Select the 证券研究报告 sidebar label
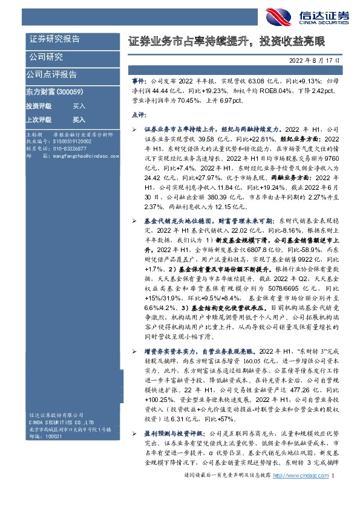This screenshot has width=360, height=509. pyautogui.click(x=55, y=39)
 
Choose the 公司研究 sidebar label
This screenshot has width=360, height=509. pyautogui.click(x=46, y=57)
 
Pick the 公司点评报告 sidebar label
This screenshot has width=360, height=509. pyautogui.click(x=51, y=74)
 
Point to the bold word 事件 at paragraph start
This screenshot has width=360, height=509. pyautogui.click(x=138, y=79)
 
